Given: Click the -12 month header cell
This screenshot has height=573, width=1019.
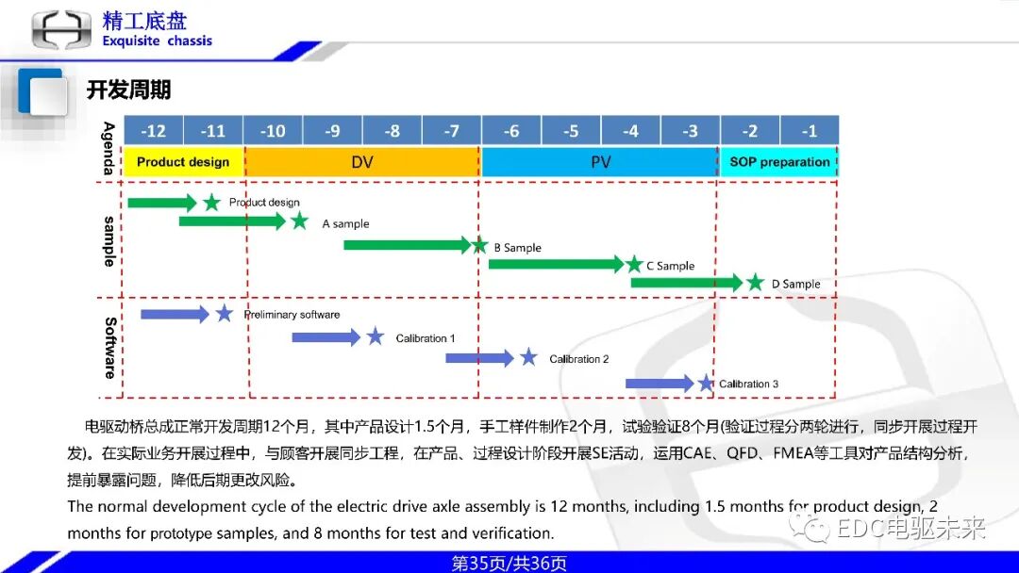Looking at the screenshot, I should [x=153, y=131].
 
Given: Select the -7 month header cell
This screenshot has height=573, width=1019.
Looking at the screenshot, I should [x=451, y=131].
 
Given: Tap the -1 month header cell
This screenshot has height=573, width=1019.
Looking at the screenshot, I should [x=809, y=131].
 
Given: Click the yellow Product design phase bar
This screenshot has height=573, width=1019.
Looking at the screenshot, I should [x=183, y=162].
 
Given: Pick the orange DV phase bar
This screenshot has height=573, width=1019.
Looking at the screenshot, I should [x=362, y=162].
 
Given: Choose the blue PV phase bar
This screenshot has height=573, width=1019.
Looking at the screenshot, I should [x=600, y=162].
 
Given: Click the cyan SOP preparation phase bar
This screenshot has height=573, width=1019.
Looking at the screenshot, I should [x=779, y=162].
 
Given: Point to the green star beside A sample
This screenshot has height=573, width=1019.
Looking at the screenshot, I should [x=300, y=221].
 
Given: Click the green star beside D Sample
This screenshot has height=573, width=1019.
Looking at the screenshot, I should [x=755, y=282].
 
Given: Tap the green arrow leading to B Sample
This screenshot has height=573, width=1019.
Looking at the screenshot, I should [x=406, y=245].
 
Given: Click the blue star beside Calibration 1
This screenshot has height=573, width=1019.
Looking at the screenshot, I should [x=376, y=336].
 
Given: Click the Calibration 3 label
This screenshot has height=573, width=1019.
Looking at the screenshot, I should [x=749, y=384].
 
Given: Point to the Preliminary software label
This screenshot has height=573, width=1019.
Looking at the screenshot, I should [x=292, y=315].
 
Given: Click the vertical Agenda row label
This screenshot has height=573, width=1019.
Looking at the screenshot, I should [x=109, y=148].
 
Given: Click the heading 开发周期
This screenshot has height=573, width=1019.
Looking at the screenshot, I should [x=128, y=90].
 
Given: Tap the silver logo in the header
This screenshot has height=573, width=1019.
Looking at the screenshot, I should [x=62, y=29].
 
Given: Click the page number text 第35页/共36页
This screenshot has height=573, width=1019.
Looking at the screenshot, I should [x=509, y=564].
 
